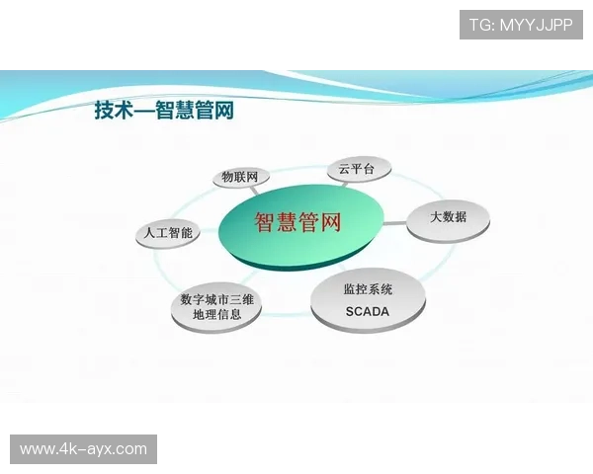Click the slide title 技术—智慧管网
pyautogui.click(x=164, y=111)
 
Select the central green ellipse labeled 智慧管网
pyautogui.click(x=298, y=223)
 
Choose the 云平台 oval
pyautogui.click(x=359, y=169)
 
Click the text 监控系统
pyautogui.click(x=368, y=290)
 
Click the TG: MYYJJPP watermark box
pyautogui.click(x=522, y=25)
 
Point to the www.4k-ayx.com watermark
pyautogui.click(x=83, y=449)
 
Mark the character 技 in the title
pyautogui.click(x=104, y=111)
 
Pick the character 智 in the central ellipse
pyautogui.click(x=265, y=223)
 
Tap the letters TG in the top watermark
pyautogui.click(x=479, y=25)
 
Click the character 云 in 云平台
pyautogui.click(x=344, y=169)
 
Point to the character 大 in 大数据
pyautogui.click(x=435, y=217)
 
